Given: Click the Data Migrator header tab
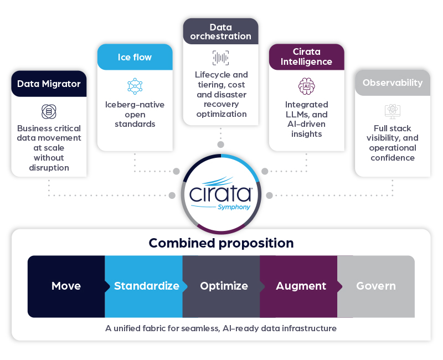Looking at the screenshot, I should coord(49,84).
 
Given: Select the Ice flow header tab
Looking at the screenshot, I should coord(135,58).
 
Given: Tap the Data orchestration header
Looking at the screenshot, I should coord(220,32).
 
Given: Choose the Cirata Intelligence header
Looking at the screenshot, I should coord(306,57).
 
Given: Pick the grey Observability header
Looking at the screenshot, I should coord(393,83).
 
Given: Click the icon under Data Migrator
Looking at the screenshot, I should coord(49,112).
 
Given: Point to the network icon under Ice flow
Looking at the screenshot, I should coord(135,86).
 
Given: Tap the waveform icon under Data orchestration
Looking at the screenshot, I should coord(220,58).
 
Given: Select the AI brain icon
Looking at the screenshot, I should coord(306,86).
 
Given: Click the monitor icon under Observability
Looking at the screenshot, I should coord(393,111).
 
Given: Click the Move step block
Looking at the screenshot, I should coord(66,286).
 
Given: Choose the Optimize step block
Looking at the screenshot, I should coord(224,286).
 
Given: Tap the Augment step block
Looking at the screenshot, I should coord(301,286).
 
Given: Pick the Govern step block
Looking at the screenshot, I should coord(376,286).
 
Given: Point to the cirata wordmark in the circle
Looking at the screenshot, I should coord(220,194).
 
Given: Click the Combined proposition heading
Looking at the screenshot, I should coord(221,243).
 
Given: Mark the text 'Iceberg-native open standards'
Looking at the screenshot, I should coord(135,114).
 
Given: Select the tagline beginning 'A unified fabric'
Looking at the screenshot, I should coord(221,328).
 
